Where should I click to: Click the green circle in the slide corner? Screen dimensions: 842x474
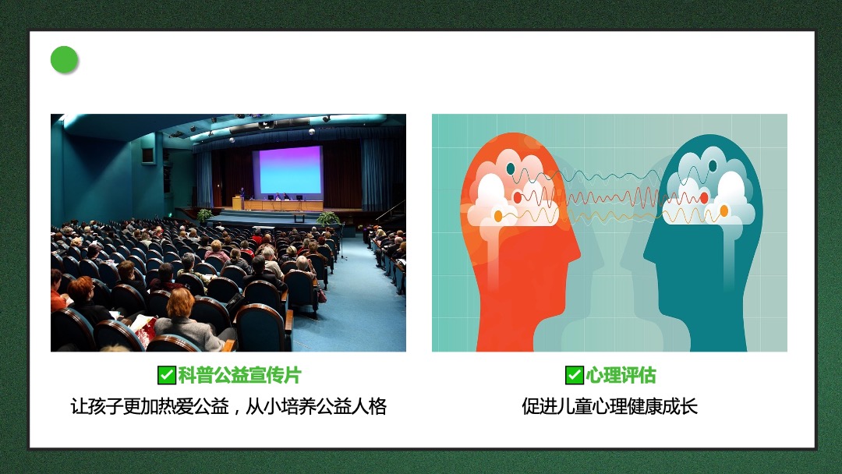click(x=65, y=59)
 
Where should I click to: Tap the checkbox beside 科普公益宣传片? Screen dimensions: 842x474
click(x=167, y=375)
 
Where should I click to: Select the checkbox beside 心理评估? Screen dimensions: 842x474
click(x=574, y=375)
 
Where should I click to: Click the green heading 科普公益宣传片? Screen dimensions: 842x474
click(x=239, y=375)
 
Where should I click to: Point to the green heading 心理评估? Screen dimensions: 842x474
click(x=621, y=375)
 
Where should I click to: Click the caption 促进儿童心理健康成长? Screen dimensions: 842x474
click(x=610, y=406)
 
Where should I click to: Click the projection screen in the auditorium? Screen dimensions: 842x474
click(x=290, y=171)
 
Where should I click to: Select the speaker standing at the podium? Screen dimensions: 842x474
click(x=242, y=196)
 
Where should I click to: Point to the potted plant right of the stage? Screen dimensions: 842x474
click(x=327, y=218)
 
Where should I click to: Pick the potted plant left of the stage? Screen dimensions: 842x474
click(x=204, y=216)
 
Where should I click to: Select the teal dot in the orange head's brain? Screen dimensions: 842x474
click(x=510, y=169)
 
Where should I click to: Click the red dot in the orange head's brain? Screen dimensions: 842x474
click(x=518, y=197)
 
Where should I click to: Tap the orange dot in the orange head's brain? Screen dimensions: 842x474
click(x=497, y=216)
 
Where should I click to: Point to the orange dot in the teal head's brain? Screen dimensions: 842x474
click(x=723, y=211)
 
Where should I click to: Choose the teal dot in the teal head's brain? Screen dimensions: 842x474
click(x=713, y=166)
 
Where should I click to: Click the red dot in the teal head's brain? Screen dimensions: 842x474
click(x=704, y=198)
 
